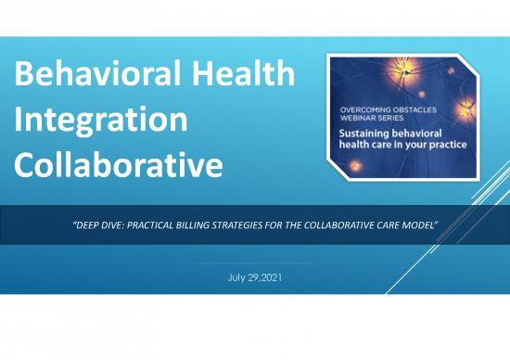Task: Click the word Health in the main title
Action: tap(248, 75)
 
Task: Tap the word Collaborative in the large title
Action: tap(120, 166)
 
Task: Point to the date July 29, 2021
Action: tap(254, 276)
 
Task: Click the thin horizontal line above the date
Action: tap(254, 263)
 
